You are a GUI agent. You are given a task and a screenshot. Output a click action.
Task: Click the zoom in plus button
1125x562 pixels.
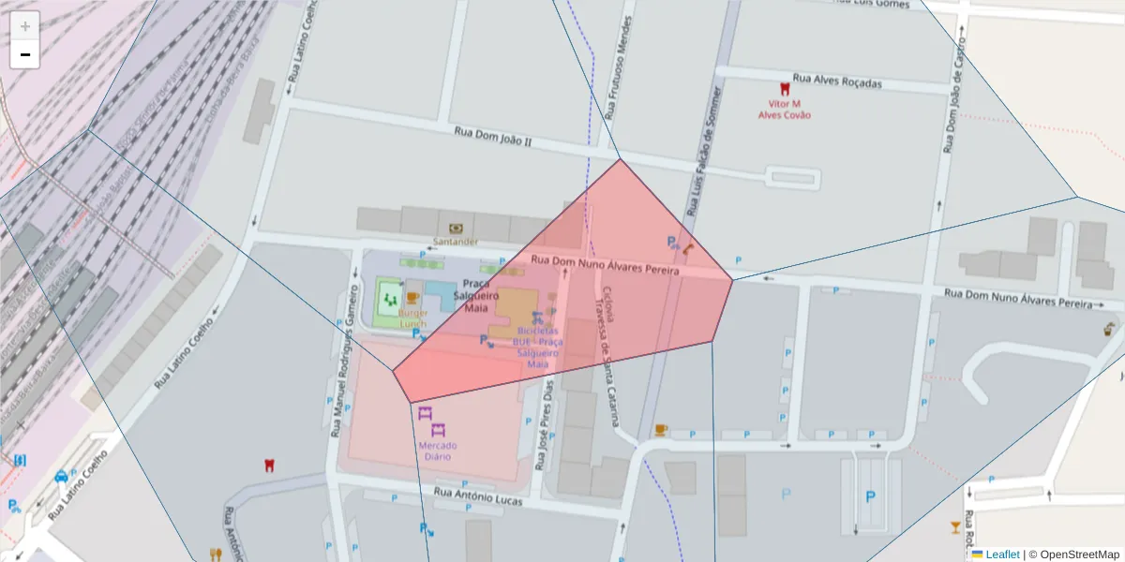pos(24,25)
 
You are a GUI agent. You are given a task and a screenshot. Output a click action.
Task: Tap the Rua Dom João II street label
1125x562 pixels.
pos(492,137)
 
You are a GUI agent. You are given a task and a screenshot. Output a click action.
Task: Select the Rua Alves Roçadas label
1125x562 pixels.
pos(837,81)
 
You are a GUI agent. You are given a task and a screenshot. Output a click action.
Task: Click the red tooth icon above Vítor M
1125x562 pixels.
pos(785,89)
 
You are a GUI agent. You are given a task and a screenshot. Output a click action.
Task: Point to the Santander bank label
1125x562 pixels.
pos(455,241)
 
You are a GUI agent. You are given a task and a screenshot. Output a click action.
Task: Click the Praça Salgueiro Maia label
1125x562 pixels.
pos(476,295)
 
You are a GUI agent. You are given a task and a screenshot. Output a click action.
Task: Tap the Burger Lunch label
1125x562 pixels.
pos(412,318)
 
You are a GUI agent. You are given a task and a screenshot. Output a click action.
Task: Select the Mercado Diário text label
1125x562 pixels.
pos(437,451)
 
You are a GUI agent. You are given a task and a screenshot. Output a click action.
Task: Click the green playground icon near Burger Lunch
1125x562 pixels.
pos(389,300)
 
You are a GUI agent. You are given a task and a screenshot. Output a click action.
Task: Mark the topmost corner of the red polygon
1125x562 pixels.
pos(620,159)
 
